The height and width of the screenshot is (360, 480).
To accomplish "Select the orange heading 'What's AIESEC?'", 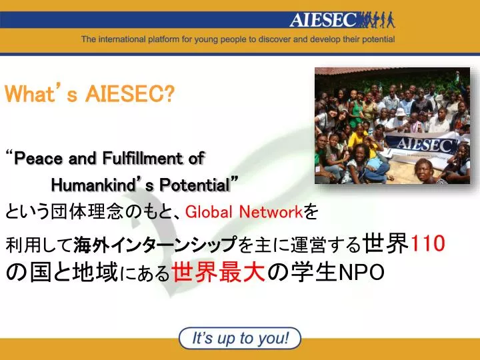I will (89, 95).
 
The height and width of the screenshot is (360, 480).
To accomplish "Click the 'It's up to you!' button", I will (240, 338).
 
